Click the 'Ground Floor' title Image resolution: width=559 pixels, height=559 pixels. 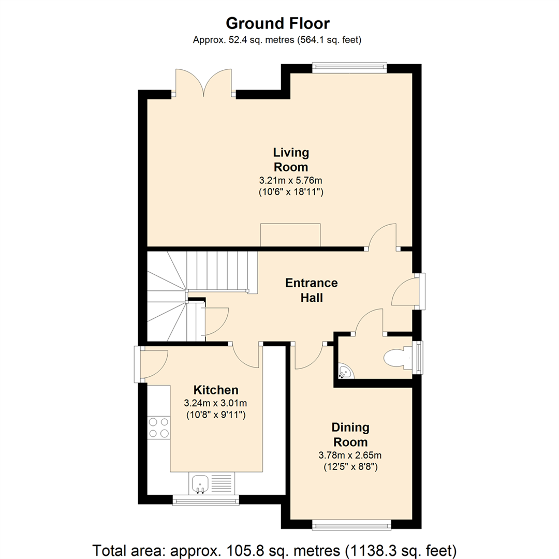(277, 23)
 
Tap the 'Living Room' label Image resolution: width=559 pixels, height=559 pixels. (291, 159)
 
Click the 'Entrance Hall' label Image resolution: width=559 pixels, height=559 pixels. (312, 290)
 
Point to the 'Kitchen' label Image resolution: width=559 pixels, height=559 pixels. (216, 390)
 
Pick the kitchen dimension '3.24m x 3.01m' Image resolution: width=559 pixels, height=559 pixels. (216, 403)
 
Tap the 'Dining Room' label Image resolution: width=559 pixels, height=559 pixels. (350, 434)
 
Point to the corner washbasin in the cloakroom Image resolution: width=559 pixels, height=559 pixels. (345, 372)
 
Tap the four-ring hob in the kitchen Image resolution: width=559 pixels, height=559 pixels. (158, 428)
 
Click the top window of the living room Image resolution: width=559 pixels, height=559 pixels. (349, 67)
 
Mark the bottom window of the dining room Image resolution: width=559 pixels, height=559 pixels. (350, 526)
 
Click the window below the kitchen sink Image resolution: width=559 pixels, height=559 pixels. (205, 500)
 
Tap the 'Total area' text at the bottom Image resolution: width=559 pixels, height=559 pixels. (274, 549)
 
